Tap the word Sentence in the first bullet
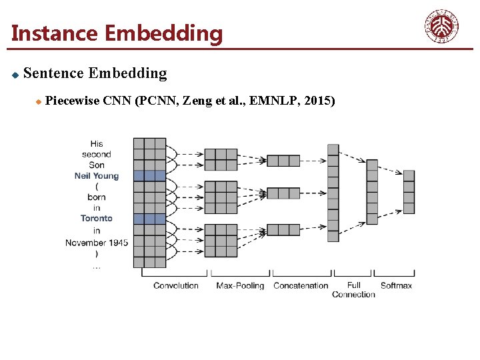tap(53, 73)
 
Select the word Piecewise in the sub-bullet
tap(73, 101)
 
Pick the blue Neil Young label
tap(97, 176)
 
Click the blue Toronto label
tap(97, 218)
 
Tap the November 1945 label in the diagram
tap(97, 243)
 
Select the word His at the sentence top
tap(97, 143)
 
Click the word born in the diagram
tap(97, 197)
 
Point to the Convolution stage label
tap(176, 285)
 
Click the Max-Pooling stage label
tap(240, 285)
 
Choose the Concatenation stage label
tap(301, 285)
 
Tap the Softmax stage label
tap(396, 285)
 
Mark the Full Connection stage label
tap(353, 289)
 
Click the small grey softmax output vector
tap(409, 191)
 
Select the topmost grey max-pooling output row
tap(283, 161)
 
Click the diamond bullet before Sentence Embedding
tap(15, 74)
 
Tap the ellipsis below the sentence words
tap(97, 267)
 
